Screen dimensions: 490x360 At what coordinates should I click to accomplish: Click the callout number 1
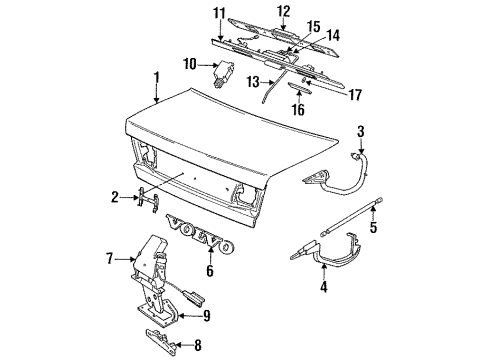(156, 78)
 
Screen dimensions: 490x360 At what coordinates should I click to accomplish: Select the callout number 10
(190, 64)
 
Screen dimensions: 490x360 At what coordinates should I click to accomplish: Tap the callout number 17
(355, 95)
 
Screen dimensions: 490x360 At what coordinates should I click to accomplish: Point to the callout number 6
(210, 270)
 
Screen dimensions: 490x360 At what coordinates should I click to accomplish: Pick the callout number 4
(324, 286)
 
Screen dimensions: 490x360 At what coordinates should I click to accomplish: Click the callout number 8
(198, 345)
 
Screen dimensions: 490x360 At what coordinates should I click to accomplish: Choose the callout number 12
(284, 11)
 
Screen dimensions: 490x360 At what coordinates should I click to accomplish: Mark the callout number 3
(361, 132)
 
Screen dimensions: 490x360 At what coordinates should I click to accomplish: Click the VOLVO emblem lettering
(200, 235)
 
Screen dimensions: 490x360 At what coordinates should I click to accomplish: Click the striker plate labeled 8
(161, 338)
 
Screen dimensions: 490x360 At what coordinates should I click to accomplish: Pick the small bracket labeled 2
(148, 200)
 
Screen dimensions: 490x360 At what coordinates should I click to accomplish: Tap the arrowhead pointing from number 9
(181, 316)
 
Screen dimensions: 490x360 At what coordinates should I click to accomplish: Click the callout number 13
(253, 82)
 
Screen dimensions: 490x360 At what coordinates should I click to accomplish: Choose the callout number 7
(110, 258)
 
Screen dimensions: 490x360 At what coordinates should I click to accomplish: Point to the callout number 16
(298, 109)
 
